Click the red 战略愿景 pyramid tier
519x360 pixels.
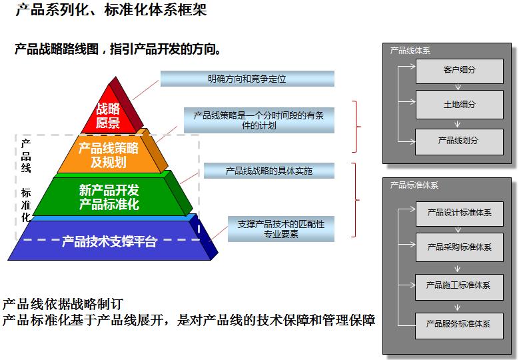[x=108, y=115]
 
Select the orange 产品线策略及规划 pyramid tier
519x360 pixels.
[x=108, y=155]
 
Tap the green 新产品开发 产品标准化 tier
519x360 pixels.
[x=109, y=197]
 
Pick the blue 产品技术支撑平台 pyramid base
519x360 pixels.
[x=109, y=241]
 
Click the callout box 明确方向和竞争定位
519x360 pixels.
[x=247, y=79]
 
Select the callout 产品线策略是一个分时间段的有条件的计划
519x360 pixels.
[x=259, y=120]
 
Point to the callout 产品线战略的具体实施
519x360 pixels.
[x=268, y=171]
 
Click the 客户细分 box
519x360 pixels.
[x=459, y=70]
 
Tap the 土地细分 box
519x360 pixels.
[x=459, y=105]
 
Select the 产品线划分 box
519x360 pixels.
[x=459, y=141]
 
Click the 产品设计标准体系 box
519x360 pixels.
[x=459, y=213]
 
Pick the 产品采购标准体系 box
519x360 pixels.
[x=459, y=247]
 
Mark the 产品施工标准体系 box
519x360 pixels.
[x=459, y=285]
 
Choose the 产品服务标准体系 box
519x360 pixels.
[x=459, y=324]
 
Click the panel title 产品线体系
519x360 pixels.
[x=410, y=51]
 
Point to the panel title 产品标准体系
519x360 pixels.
[x=414, y=185]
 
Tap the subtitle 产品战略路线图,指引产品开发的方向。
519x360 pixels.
[x=118, y=49]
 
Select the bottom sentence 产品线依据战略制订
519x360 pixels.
[x=63, y=304]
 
